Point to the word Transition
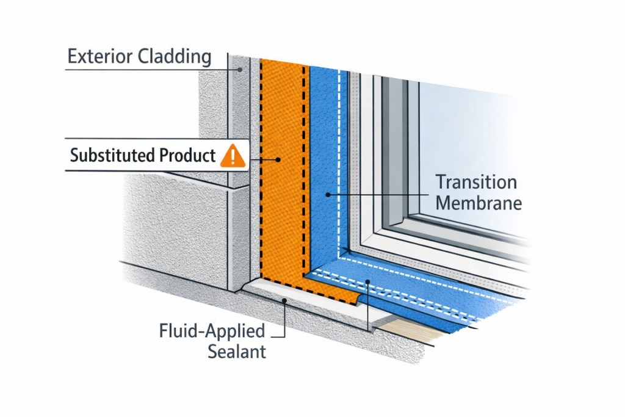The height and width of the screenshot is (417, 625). click(476, 182)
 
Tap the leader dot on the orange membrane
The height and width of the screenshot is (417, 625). click(278, 159)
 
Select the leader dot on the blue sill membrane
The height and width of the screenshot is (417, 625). click(367, 281)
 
